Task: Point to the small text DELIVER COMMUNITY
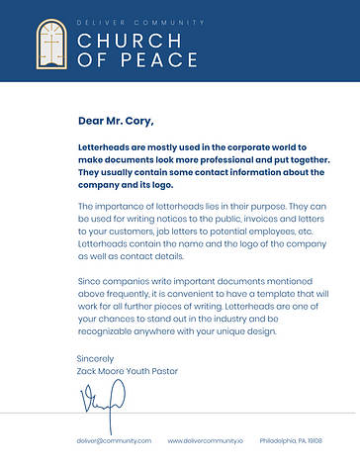[140, 22]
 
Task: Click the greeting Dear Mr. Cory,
[116, 122]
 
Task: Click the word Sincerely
[95, 358]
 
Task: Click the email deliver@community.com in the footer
[114, 440]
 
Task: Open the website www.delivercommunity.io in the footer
[205, 440]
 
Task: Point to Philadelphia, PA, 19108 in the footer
[291, 440]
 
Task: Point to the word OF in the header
[90, 60]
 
